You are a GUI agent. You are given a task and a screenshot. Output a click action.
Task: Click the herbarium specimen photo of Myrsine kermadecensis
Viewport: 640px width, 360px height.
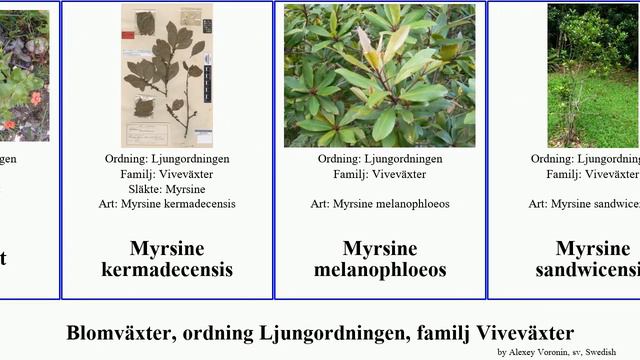pos(167,75)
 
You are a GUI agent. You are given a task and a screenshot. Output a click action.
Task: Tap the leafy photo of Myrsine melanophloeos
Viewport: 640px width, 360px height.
pos(380,75)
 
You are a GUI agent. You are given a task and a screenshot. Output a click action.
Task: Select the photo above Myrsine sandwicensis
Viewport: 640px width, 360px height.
pos(593,75)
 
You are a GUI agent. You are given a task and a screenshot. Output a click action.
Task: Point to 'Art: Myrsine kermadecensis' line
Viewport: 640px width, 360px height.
pos(167,204)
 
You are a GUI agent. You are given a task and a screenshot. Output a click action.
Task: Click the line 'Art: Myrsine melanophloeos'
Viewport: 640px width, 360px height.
pos(380,204)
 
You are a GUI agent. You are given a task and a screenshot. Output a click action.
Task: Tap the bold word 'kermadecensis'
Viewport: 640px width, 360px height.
pos(167,270)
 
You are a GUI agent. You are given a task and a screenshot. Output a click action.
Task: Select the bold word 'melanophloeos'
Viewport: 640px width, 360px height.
pos(380,270)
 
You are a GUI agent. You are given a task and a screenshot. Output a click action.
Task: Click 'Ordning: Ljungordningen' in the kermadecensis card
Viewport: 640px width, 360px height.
pos(167,159)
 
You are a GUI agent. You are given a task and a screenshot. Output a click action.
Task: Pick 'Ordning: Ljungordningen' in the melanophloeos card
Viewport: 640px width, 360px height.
pos(380,159)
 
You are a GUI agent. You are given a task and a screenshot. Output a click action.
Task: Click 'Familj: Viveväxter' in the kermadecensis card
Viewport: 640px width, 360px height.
pos(167,174)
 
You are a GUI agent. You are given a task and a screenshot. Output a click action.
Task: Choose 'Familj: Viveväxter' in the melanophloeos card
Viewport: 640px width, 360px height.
pos(380,174)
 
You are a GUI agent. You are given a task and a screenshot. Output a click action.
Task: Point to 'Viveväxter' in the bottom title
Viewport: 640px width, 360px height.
pos(525,333)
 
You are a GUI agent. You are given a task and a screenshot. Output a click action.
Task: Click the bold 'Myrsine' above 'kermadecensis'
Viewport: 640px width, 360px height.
pos(167,249)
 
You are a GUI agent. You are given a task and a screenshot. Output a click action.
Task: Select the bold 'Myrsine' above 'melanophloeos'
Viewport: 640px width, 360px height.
pos(380,249)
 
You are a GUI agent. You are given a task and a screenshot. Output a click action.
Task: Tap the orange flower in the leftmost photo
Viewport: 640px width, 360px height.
pos(34,98)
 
